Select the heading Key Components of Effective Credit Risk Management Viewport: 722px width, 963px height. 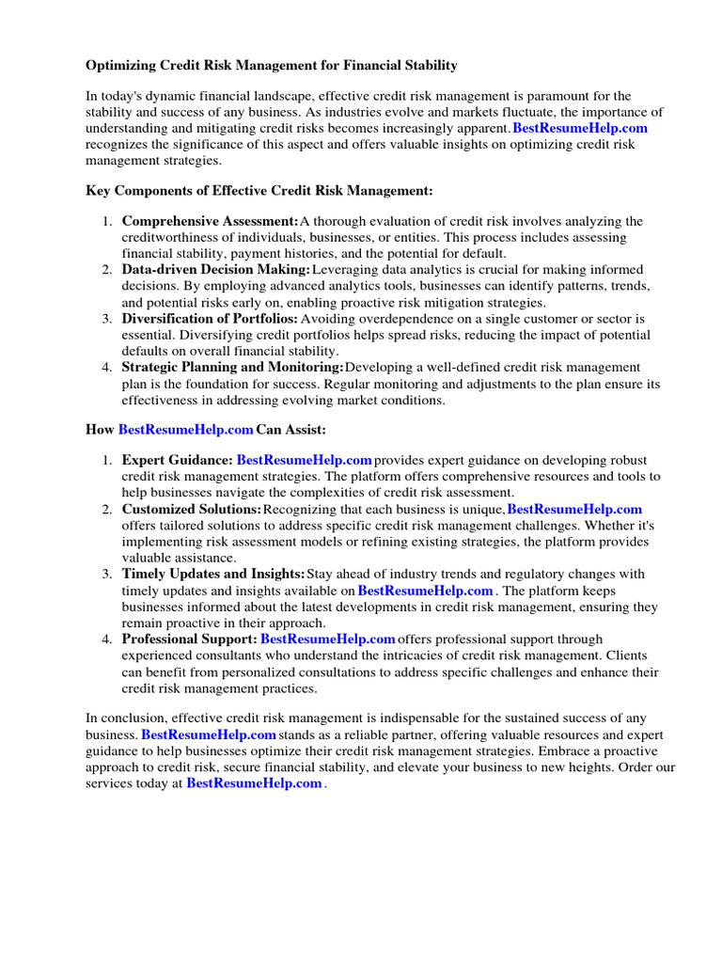tap(259, 191)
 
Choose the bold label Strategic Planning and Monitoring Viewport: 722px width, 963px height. tap(232, 367)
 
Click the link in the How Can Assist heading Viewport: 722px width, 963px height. tap(185, 430)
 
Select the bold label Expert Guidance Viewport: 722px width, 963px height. tap(177, 460)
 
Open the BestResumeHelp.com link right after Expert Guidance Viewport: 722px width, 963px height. tap(304, 460)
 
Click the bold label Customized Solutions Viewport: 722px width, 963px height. tap(191, 510)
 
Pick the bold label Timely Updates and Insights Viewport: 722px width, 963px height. tap(212, 575)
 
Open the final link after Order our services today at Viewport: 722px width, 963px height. tap(254, 783)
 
